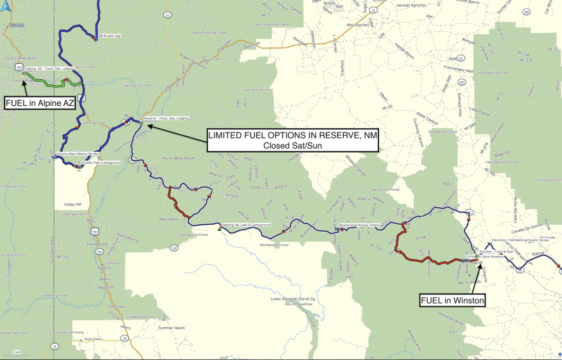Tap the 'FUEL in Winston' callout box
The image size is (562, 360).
[x=452, y=299]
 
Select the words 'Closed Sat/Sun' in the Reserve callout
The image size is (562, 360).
[x=292, y=146]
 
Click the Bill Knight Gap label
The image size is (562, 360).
[x=109, y=37]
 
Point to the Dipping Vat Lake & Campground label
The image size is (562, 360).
[x=246, y=225]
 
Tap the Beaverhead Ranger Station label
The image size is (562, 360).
[x=360, y=225]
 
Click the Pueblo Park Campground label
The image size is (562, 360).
[x=101, y=163]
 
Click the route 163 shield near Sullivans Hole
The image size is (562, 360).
[x=462, y=82]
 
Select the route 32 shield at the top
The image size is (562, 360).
[x=167, y=15]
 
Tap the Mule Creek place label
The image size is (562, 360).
[x=94, y=339]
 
